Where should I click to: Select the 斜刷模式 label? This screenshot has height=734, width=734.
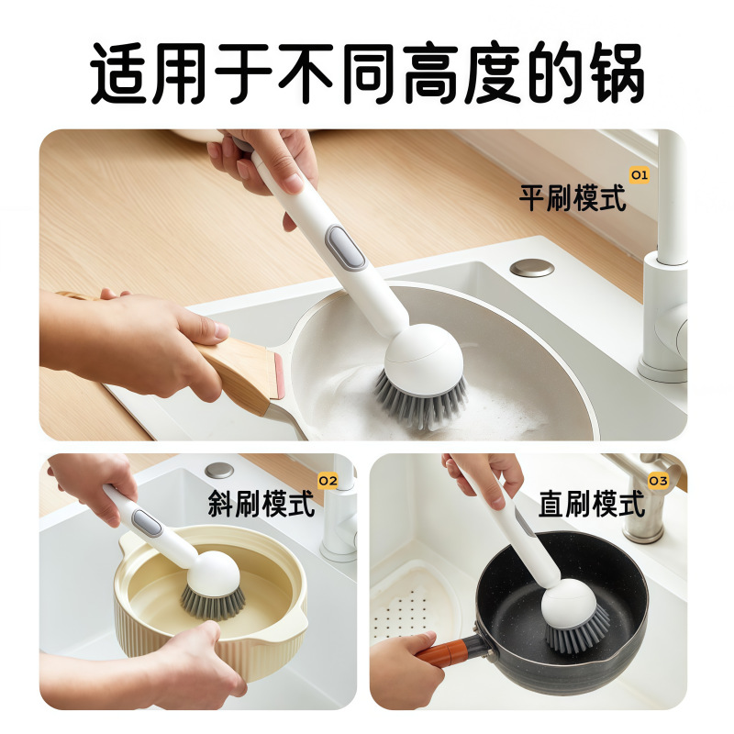[x=261, y=503]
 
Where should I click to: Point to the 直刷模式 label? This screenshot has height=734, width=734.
[x=592, y=504]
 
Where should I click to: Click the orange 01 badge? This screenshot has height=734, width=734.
[x=639, y=174]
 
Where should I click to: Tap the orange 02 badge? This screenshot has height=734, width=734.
[x=328, y=481]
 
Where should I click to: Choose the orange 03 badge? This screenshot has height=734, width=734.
[x=657, y=481]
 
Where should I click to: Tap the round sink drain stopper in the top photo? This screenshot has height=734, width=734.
[x=532, y=268]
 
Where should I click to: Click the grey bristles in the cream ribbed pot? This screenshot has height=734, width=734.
[x=213, y=602]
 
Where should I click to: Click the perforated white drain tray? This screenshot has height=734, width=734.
[x=413, y=606]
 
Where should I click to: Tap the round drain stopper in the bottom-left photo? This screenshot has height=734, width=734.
[x=218, y=471]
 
